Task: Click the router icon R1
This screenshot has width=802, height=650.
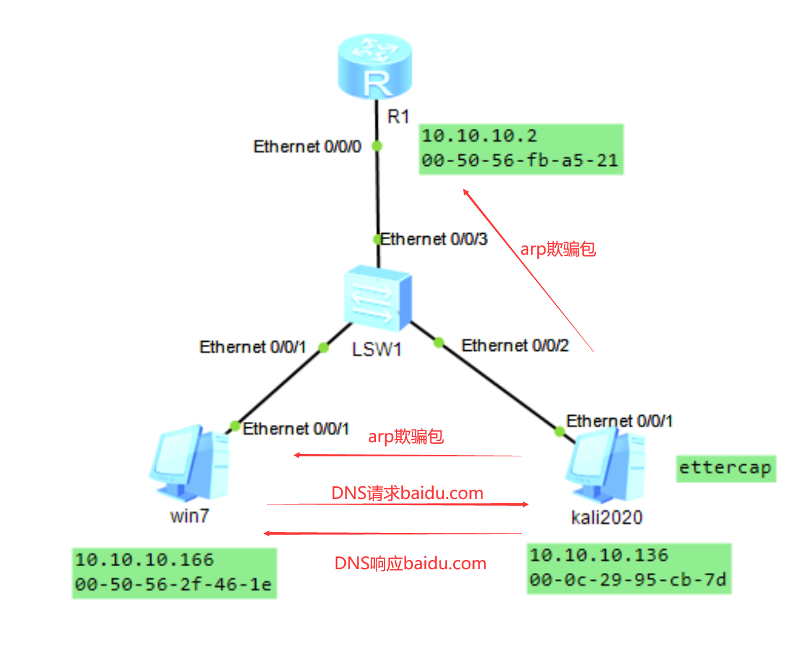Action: [x=375, y=66]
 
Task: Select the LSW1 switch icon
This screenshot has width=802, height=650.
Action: [x=378, y=298]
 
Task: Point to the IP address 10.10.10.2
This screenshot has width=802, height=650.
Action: [x=479, y=136]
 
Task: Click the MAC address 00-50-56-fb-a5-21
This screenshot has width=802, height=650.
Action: [x=520, y=160]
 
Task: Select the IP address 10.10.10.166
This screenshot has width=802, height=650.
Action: [x=144, y=560]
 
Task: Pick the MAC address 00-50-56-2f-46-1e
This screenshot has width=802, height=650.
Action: [x=173, y=584]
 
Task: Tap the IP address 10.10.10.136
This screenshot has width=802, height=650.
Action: [x=599, y=555]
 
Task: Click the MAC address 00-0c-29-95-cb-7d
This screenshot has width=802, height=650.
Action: [x=628, y=580]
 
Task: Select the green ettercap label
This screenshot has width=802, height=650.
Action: [x=725, y=468]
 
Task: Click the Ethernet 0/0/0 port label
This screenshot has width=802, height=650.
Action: [x=307, y=147]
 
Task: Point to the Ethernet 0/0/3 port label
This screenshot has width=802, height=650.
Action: [x=434, y=239]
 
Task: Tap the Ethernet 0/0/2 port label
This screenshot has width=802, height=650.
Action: [x=515, y=345]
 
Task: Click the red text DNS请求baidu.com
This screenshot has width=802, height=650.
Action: [x=407, y=493]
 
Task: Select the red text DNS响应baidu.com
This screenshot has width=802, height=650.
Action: [x=410, y=563]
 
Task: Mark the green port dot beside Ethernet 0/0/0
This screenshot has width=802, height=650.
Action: [x=377, y=146]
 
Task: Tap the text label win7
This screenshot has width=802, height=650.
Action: [x=190, y=516]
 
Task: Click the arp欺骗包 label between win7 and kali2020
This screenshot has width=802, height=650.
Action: [x=406, y=437]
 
